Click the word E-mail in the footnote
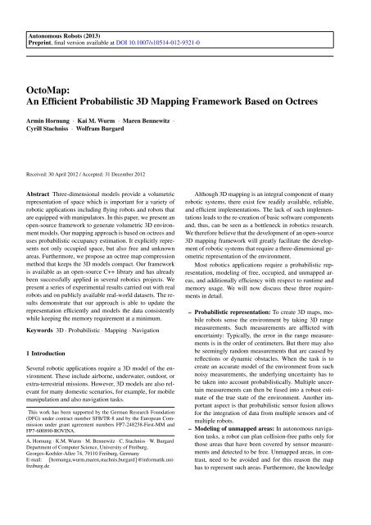tap(37, 500)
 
